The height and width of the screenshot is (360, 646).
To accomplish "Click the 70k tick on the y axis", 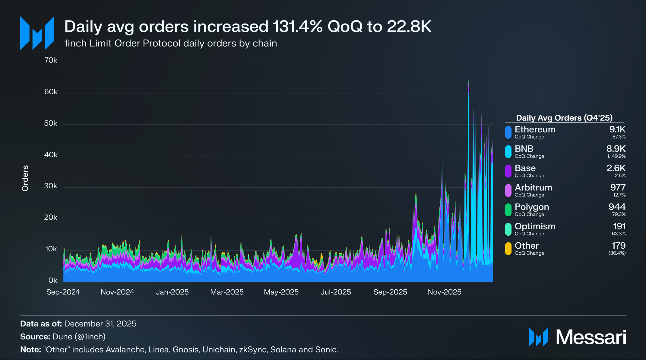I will pyautogui.click(x=51, y=60).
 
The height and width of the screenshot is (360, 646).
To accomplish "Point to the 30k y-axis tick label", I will pyautogui.click(x=51, y=186).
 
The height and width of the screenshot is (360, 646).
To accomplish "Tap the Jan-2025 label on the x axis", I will pyautogui.click(x=172, y=292).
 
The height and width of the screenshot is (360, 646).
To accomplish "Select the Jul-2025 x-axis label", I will pyautogui.click(x=336, y=292).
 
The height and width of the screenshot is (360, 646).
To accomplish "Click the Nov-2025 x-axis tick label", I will pyautogui.click(x=445, y=292).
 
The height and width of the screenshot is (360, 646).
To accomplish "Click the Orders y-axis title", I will pyautogui.click(x=25, y=178).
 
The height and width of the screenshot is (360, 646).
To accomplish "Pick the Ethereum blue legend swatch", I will pyautogui.click(x=508, y=132).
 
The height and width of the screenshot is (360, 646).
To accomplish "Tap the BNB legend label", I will pyautogui.click(x=524, y=149).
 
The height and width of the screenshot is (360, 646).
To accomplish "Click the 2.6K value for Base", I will pyautogui.click(x=616, y=168).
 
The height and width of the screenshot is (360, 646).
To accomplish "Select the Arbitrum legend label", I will pyautogui.click(x=534, y=187).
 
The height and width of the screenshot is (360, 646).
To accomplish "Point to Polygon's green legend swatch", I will pyautogui.click(x=508, y=210).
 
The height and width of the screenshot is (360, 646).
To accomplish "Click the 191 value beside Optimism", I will pyautogui.click(x=619, y=226).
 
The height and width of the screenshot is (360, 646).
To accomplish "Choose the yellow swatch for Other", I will pyautogui.click(x=508, y=249).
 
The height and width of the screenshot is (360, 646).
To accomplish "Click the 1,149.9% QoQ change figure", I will pyautogui.click(x=616, y=156).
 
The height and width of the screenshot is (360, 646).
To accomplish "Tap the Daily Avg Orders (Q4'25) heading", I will pyautogui.click(x=564, y=118).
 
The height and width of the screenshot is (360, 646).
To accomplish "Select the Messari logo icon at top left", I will pyautogui.click(x=37, y=33).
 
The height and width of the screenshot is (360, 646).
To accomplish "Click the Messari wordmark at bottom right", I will pyautogui.click(x=591, y=337).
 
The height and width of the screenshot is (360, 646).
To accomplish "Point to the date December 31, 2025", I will pyautogui.click(x=100, y=324).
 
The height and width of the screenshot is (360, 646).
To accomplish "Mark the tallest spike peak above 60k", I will pyautogui.click(x=468, y=81).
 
